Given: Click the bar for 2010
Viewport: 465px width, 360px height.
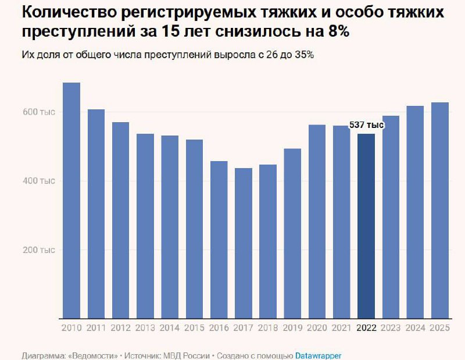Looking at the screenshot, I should coord(71,201).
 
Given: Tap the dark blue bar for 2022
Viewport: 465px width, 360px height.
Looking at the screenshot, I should coord(366,226).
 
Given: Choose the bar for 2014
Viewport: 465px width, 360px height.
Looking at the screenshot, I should coord(170,227).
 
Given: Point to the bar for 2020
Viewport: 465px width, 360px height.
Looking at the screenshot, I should coord(317,222).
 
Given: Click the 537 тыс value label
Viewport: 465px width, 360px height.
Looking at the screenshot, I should coord(366,125).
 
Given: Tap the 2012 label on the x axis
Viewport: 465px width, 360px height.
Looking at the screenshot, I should coord(121,329).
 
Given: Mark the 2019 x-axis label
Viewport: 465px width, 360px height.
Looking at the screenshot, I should coord(292,329).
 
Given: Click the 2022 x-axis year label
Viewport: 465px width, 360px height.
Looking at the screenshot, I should coord(366,329).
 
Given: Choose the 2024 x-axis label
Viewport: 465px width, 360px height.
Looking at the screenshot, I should coord(415,329).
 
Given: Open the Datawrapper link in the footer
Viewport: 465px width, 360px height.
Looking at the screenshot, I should coord(318,355).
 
